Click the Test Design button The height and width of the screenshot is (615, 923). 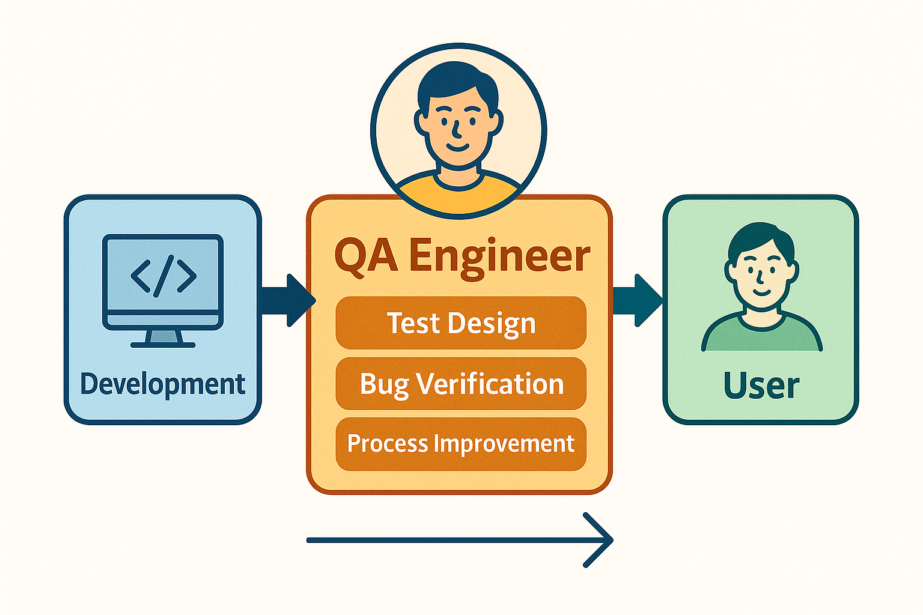(461, 323)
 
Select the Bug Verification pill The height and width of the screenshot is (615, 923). (461, 384)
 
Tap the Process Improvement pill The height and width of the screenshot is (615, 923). (461, 444)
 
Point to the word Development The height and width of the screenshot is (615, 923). (163, 384)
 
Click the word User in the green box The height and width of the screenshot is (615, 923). (761, 386)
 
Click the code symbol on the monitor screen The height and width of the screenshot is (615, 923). (163, 276)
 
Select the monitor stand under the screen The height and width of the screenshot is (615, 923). (163, 339)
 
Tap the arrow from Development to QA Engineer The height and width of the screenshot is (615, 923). (288, 300)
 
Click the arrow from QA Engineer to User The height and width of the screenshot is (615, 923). (638, 300)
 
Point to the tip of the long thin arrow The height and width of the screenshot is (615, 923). (613, 540)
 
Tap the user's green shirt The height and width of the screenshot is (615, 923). (761, 334)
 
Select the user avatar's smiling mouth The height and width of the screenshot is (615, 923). (761, 292)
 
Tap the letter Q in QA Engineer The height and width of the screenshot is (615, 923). (351, 257)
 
